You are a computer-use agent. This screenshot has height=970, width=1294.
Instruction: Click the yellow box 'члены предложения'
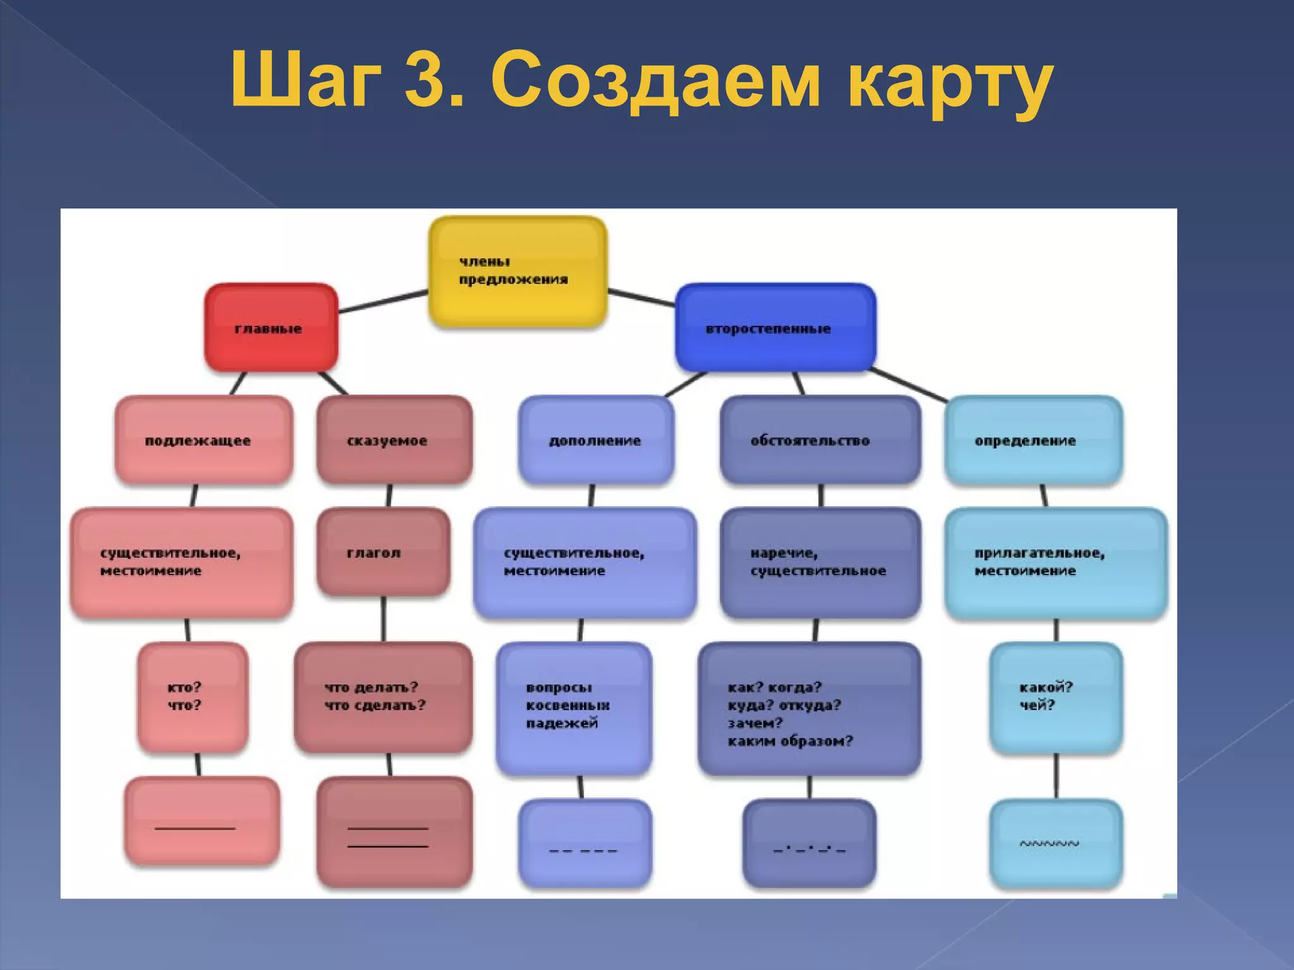coord(517,272)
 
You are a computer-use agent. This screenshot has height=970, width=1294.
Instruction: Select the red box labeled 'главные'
coord(271,328)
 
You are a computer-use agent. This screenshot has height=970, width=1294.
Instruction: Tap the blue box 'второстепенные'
coord(775,328)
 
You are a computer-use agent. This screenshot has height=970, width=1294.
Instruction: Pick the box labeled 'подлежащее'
coord(203,440)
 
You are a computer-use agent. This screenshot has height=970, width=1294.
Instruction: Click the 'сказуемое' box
coord(394,440)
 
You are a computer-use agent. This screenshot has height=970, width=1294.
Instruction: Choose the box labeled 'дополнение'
coord(595,440)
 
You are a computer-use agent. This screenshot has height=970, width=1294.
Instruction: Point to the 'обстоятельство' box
coord(819,440)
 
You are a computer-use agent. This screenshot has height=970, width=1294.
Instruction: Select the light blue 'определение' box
coord(1032,440)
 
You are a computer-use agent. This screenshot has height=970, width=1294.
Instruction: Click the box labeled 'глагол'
coord(383,553)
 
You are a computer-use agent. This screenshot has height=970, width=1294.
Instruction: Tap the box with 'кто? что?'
coord(192,697)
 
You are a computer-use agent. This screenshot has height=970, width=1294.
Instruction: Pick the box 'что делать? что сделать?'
coord(383,697)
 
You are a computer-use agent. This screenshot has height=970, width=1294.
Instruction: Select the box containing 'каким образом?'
coord(809,707)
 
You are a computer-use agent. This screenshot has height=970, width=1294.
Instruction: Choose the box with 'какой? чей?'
coord(1055,697)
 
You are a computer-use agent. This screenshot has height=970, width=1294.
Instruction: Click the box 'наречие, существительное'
coord(819,562)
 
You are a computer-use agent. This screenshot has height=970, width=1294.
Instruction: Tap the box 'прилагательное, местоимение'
coord(1055,562)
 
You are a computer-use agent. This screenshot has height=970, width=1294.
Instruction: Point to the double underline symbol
coord(388,837)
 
